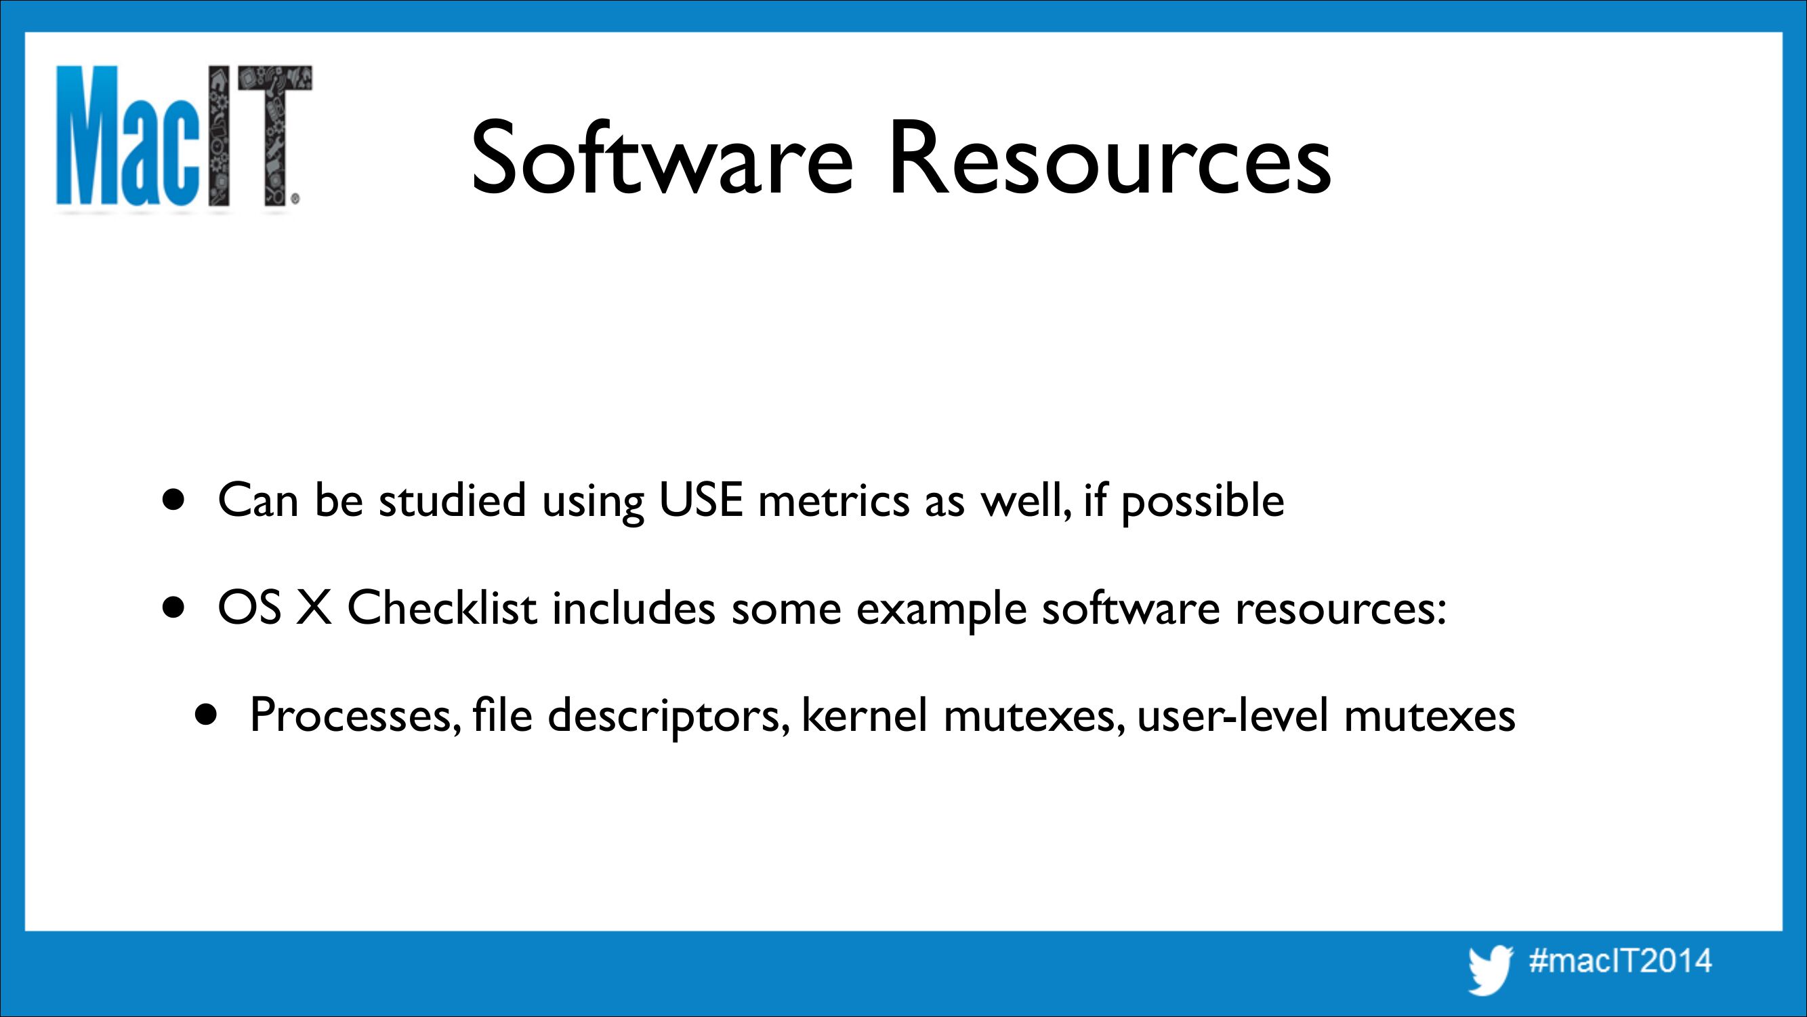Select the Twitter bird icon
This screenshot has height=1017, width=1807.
coord(1491,970)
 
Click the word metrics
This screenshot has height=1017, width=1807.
coord(833,500)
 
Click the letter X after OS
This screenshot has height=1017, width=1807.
coord(313,607)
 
